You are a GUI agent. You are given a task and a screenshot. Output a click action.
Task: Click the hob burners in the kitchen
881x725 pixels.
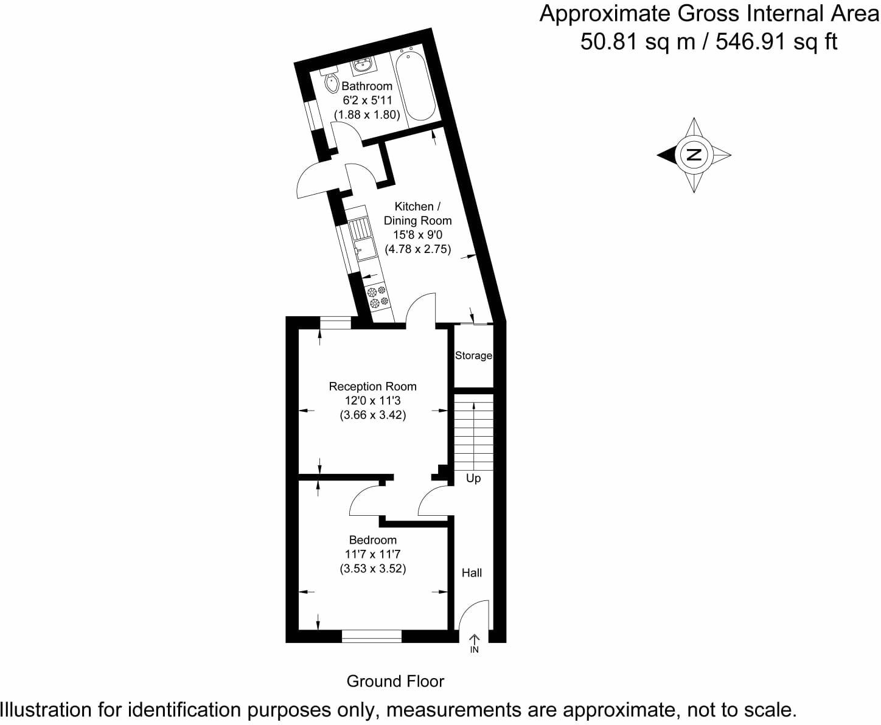tap(378, 296)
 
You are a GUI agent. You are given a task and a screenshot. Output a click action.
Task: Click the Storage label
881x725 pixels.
tap(473, 355)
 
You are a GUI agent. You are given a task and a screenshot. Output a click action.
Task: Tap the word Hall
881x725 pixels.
tap(472, 572)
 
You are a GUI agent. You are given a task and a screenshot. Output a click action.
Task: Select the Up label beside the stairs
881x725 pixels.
tap(473, 478)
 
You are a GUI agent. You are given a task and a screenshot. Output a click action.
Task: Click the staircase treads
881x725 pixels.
tap(473, 432)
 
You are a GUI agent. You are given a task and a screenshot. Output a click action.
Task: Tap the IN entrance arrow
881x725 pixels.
tap(475, 643)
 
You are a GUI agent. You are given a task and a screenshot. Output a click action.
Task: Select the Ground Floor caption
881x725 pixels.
tap(395, 681)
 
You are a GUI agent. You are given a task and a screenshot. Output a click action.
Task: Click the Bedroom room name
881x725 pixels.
tap(372, 539)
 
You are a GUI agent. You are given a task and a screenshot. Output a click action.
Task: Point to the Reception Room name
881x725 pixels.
tap(372, 386)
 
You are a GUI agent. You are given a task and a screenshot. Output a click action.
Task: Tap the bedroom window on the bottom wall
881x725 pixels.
tap(371, 636)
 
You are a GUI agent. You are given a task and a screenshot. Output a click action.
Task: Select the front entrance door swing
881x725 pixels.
tap(473, 614)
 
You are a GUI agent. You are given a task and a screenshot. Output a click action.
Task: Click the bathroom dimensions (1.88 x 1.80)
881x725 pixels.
tap(367, 114)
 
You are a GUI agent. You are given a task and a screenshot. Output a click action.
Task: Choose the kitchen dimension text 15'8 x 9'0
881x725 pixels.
tap(417, 235)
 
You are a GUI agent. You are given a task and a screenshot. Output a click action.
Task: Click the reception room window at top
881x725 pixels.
tap(335, 323)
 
